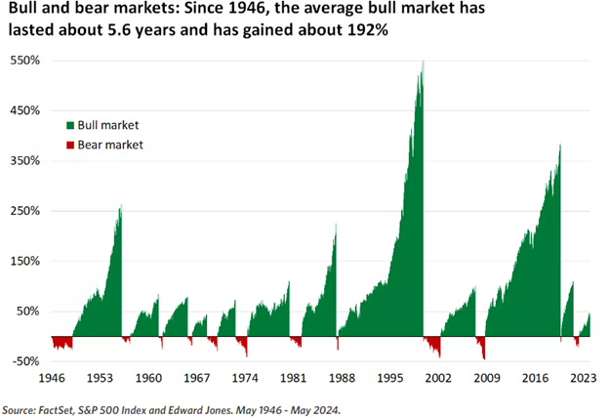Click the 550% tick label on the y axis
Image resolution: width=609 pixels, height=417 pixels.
pos(26,61)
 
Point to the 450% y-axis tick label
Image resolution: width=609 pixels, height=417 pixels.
pos(26,110)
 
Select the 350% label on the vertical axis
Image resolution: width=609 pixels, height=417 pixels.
pos(26,160)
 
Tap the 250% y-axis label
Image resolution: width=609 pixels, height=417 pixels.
pos(26,210)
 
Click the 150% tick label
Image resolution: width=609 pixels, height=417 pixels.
pos(26,261)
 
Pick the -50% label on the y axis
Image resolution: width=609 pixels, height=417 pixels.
pos(26,360)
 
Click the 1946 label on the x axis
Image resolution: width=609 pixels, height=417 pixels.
pos(52,377)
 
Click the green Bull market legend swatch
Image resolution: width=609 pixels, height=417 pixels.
pos(70,126)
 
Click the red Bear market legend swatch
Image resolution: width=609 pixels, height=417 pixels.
pos(70,145)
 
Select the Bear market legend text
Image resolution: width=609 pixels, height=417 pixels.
pos(110,145)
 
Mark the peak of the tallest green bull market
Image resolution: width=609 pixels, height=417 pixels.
pos(423,63)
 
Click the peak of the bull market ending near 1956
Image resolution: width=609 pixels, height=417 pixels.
pos(121,206)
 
